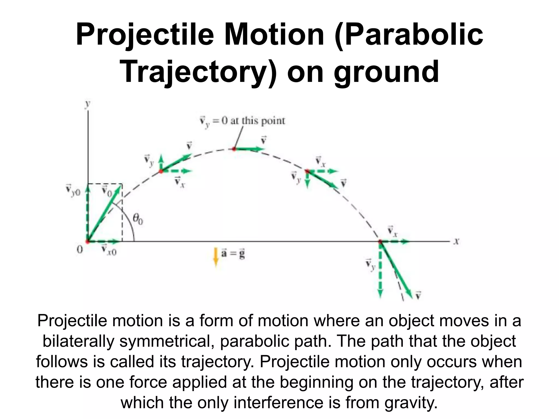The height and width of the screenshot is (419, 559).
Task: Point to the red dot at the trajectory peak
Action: point(234,149)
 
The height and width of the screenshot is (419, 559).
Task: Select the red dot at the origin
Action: point(88,241)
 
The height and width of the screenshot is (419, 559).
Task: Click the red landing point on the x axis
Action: point(380,241)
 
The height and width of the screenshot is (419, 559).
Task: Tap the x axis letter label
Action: point(456,241)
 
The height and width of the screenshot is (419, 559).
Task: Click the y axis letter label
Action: point(88,104)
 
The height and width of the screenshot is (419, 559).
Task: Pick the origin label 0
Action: point(79,250)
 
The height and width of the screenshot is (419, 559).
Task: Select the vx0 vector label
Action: point(109,250)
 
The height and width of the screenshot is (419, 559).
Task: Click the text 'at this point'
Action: point(257,121)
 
